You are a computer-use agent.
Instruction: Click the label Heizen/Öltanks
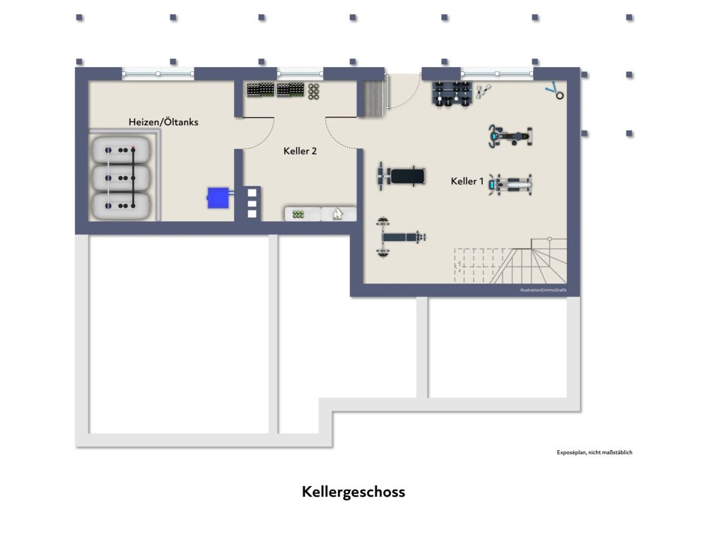pyautogui.click(x=163, y=122)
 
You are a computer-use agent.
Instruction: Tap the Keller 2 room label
pyautogui.click(x=300, y=151)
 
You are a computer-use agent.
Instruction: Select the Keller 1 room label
pyautogui.click(x=467, y=182)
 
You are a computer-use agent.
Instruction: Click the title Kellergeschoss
pyautogui.click(x=353, y=492)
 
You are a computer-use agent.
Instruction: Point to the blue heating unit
pyautogui.click(x=218, y=197)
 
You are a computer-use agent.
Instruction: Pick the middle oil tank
pyautogui.click(x=120, y=177)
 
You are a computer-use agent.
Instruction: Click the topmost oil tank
pyautogui.click(x=120, y=150)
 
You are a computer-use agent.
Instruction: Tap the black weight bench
pyautogui.click(x=401, y=175)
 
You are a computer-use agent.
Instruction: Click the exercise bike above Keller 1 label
pyautogui.click(x=509, y=135)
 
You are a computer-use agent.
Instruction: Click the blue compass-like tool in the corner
pyautogui.click(x=556, y=91)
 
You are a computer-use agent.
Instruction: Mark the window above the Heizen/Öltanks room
pyautogui.click(x=158, y=73)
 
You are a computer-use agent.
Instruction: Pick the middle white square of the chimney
pyautogui.click(x=252, y=203)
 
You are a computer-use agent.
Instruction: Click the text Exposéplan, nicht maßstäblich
pyautogui.click(x=595, y=452)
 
